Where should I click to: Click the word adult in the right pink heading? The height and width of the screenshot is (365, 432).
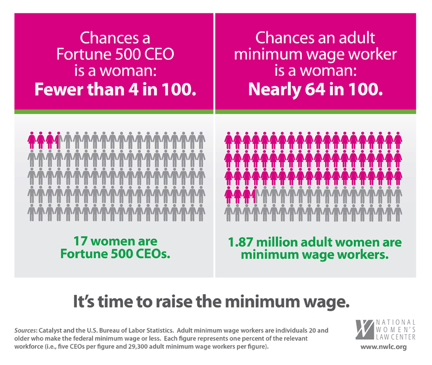coord(354,38)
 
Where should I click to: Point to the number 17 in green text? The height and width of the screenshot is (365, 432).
coord(81,241)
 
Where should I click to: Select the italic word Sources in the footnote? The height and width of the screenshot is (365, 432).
coord(30,330)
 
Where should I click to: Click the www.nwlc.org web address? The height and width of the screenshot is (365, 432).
coord(383,347)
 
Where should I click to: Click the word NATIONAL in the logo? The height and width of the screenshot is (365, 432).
coord(395,321)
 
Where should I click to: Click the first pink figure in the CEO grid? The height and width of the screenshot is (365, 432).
coord(32,140)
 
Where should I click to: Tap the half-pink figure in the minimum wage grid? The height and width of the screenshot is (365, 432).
coord(253,195)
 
